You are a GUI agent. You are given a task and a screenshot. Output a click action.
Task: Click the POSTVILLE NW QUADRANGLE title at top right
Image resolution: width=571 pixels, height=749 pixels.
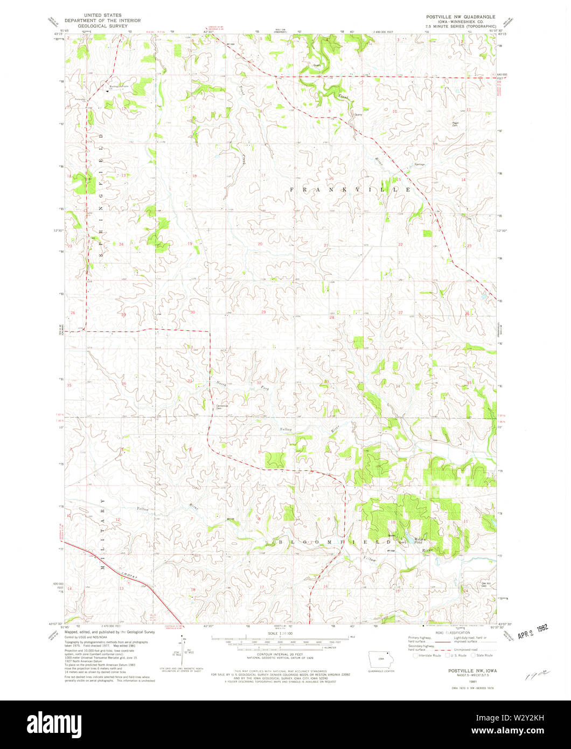[x=459, y=17]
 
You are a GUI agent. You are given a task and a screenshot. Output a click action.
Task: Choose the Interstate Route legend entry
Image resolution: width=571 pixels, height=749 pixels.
[x=427, y=655]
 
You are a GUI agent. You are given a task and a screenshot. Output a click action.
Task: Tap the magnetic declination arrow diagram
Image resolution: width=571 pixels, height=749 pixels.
[x=182, y=649]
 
